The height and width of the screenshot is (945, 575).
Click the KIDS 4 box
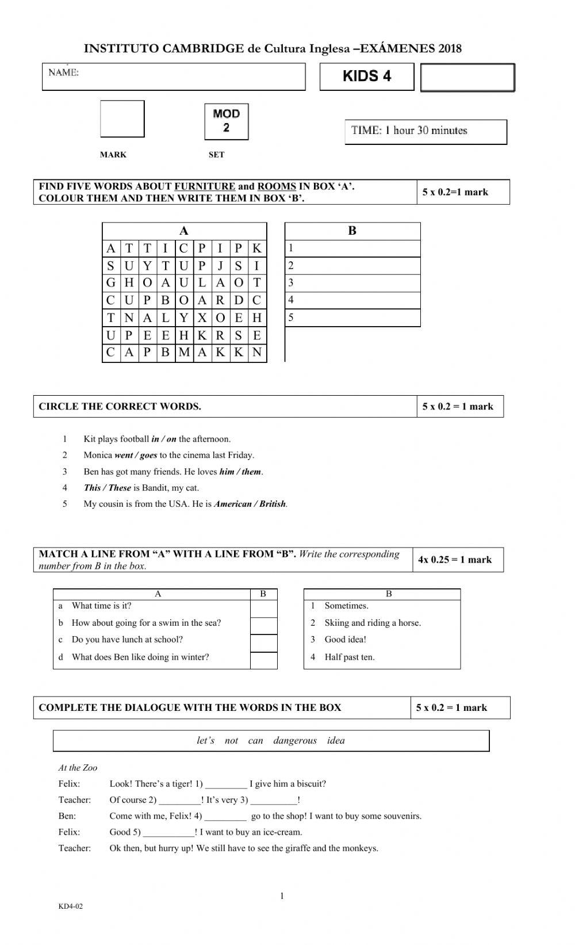[367, 76]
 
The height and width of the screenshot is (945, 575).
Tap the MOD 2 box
[226, 121]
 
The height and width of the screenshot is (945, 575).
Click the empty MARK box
[122, 119]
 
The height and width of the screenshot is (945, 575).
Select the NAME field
[174, 76]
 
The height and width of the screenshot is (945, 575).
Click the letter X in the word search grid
[202, 317]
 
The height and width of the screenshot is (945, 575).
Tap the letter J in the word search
[220, 266]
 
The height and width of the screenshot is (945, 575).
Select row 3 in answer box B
[352, 283]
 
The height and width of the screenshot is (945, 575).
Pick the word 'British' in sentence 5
[273, 504]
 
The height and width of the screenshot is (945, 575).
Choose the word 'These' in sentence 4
[120, 488]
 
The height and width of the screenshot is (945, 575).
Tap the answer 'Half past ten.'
[349, 657]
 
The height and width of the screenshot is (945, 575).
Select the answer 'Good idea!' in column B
[345, 640]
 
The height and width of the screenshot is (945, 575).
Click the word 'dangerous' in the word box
[295, 741]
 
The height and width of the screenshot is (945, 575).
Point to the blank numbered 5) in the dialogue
[168, 832]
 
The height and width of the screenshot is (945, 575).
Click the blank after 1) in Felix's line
[226, 784]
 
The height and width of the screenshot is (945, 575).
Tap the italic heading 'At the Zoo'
[78, 768]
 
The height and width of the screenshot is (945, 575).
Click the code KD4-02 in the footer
[70, 907]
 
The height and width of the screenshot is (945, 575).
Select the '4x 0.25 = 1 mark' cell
[455, 560]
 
